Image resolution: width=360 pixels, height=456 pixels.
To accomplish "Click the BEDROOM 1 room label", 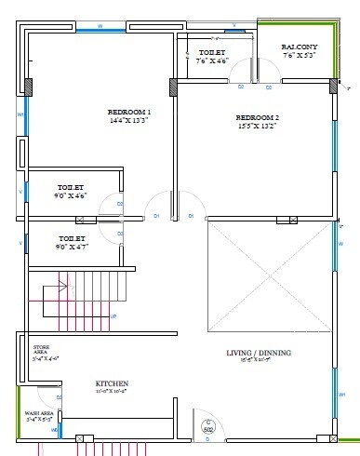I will pos(128,112).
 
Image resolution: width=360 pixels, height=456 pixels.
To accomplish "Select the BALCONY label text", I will pos(300,45).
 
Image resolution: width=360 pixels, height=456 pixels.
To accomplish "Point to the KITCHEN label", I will pos(112,383).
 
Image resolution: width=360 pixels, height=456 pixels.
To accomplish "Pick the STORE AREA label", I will pos(41,351).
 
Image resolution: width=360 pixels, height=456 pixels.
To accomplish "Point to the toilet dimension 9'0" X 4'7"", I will pos(71,248).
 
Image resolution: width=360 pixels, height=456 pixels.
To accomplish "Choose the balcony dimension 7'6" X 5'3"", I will pos(300,55).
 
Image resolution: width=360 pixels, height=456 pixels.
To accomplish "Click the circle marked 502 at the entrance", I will pos(208,427).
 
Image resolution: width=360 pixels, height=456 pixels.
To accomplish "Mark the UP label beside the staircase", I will pos(113,316).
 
